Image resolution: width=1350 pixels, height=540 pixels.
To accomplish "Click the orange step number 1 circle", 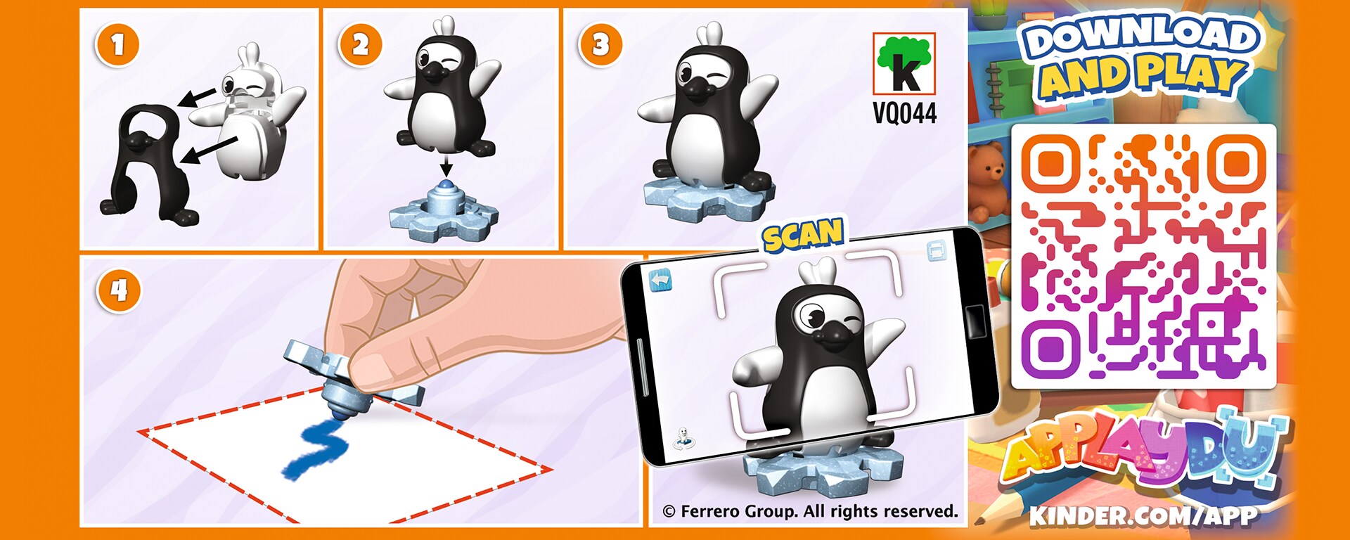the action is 117,45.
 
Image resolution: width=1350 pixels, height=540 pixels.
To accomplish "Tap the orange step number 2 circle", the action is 360,45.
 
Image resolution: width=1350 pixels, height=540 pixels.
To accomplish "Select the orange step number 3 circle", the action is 600,45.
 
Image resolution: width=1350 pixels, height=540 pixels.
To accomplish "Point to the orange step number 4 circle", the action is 120,290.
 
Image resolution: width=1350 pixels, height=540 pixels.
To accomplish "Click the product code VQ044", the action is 905,112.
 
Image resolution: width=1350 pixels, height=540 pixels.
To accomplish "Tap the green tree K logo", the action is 904,63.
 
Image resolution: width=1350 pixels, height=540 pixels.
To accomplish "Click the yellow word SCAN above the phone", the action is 804,235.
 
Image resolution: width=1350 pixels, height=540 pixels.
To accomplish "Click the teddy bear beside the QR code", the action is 991,179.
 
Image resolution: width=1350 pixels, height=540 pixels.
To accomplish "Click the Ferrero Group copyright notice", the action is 810,511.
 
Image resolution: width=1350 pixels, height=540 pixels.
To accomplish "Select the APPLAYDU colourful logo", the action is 1143,450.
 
